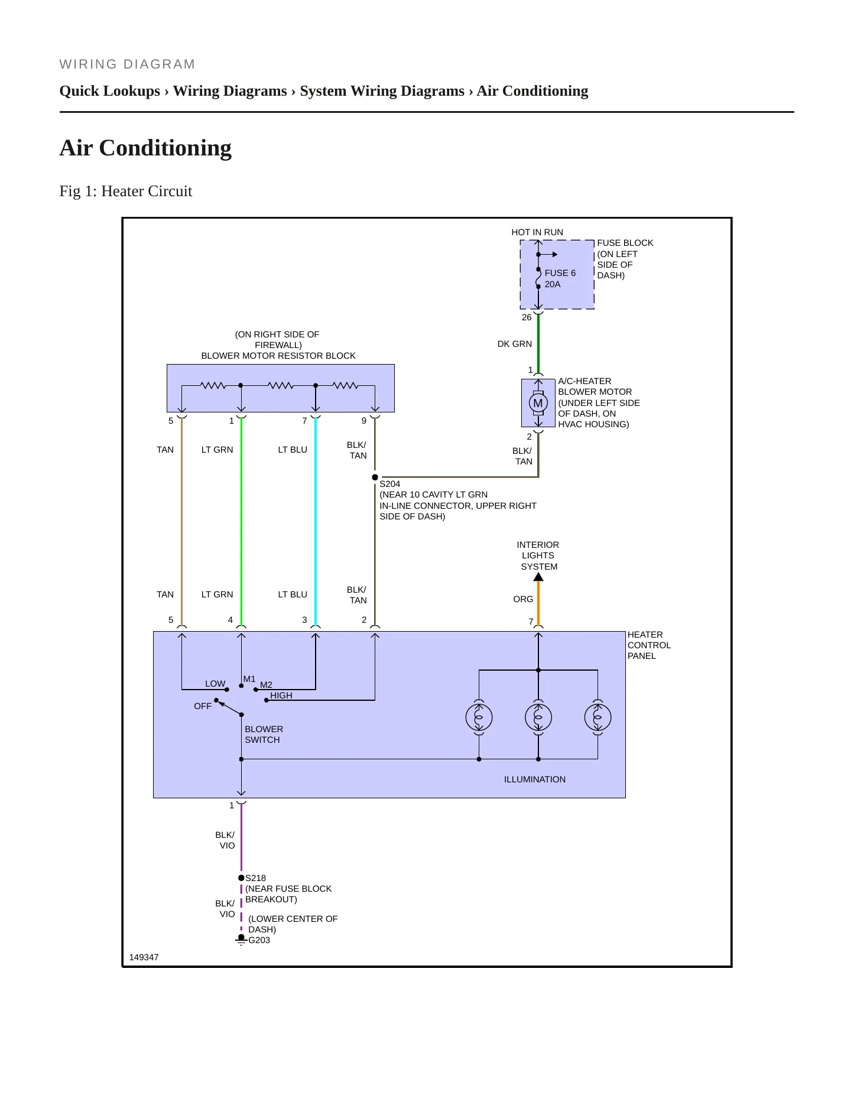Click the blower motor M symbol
538,403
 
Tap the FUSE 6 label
560,273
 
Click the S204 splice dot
375,477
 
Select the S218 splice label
255,878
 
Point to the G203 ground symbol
241,939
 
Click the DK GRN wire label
515,344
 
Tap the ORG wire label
523,599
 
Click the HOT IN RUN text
537,232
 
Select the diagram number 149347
144,957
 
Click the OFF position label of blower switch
203,706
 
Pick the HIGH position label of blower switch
281,695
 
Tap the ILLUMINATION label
535,779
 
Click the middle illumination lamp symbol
538,717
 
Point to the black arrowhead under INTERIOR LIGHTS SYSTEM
538,577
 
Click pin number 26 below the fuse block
527,317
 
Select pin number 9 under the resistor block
364,421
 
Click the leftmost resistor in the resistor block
213,385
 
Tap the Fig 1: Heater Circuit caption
126,191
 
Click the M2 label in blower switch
266,685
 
